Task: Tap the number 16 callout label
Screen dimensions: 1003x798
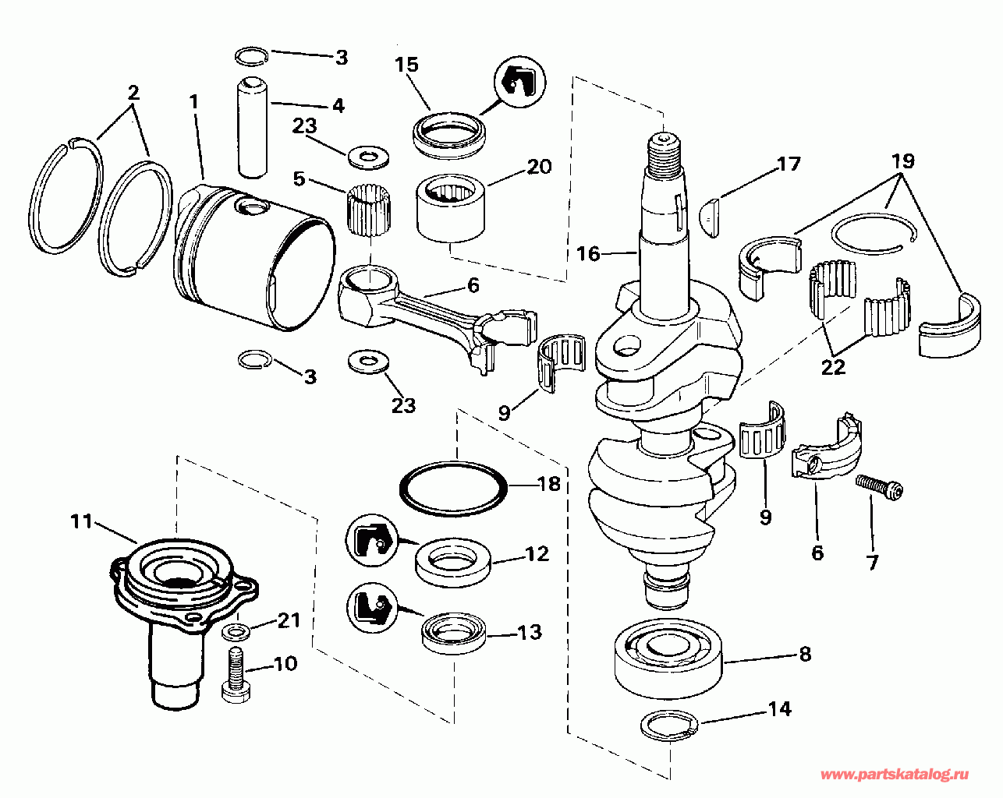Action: (588, 254)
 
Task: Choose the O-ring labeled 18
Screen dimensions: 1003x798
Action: (453, 489)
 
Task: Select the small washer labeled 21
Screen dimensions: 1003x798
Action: (236, 632)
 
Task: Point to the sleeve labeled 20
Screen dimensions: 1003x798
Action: (450, 208)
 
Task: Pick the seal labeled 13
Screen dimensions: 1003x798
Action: (453, 636)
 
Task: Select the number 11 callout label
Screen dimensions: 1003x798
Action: (81, 521)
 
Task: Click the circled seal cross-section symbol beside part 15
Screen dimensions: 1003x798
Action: (519, 83)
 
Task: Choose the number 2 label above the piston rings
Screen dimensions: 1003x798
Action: (133, 93)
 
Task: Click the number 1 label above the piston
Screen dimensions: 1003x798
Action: (194, 102)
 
